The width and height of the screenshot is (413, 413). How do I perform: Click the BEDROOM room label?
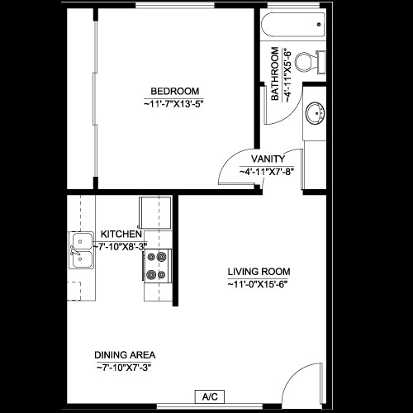pos(174,91)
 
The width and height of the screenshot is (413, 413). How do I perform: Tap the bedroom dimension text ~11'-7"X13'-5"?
pos(174,104)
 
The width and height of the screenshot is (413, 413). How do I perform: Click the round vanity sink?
pos(315,113)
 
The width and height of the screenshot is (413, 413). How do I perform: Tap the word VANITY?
pos(268,159)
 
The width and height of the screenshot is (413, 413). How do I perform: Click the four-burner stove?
pos(157,265)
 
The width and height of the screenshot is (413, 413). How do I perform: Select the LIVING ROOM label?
pos(259,271)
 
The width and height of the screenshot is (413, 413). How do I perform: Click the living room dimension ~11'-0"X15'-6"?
pos(258,284)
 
